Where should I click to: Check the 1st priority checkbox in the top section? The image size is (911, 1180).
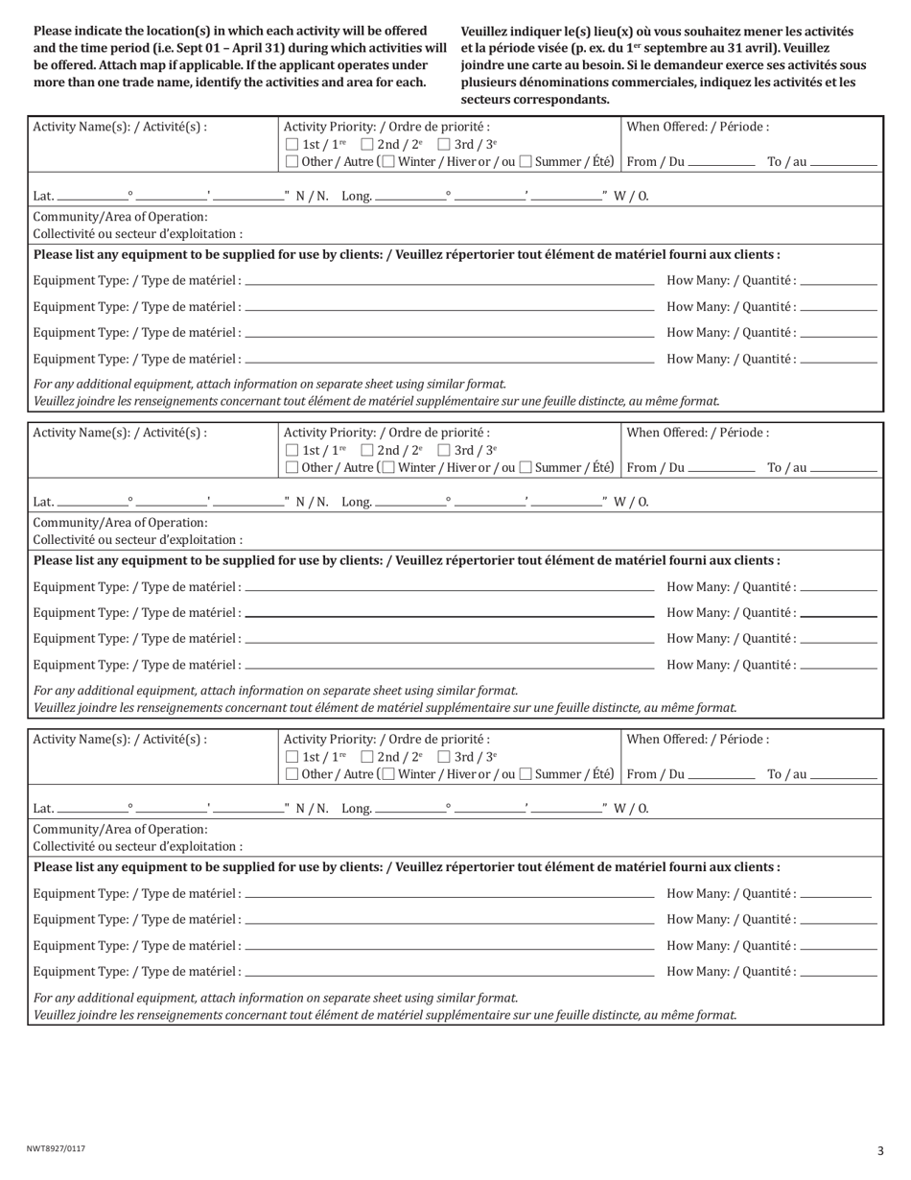pos(292,144)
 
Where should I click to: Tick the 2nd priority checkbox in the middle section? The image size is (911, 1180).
pos(367,450)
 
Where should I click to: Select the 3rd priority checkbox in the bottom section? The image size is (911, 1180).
pos(444,756)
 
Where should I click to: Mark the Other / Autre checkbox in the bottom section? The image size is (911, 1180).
pos(292,774)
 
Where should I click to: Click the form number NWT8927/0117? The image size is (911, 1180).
pos(56,1148)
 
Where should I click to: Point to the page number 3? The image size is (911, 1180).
pos(879,1151)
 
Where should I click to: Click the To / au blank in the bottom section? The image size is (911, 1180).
pos(843,776)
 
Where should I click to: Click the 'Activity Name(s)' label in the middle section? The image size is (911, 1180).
pos(120,433)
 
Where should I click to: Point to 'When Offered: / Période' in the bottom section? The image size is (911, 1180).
pos(697,740)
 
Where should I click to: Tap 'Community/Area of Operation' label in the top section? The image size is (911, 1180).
pos(120,217)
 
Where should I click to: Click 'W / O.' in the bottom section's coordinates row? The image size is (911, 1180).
pos(631,809)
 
